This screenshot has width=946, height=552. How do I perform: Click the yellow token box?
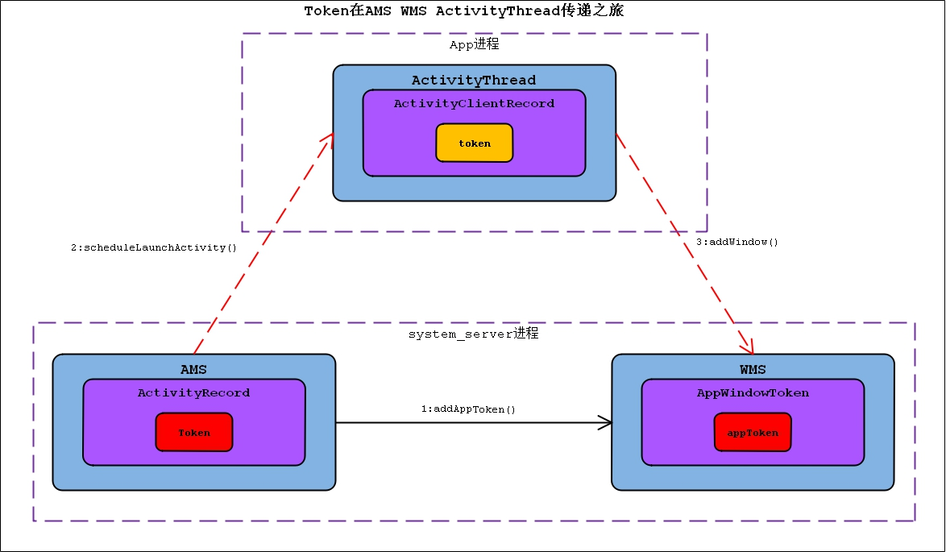point(474,143)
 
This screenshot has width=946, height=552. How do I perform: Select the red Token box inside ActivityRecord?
point(194,433)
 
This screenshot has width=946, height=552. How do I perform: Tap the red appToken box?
point(753,433)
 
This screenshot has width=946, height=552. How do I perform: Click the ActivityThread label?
point(474,80)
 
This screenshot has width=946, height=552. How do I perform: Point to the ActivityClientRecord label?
point(474,103)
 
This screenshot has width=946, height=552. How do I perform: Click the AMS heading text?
point(193,369)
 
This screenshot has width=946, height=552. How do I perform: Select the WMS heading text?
point(753,369)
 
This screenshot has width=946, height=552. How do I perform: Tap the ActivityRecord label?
point(193,392)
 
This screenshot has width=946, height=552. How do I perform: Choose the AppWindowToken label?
point(753,392)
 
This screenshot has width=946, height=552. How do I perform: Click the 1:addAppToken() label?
point(468,409)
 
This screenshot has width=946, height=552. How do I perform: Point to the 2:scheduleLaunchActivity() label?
point(154,247)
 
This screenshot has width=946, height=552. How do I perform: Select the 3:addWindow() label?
point(736,242)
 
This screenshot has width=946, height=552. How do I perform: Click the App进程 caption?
point(474,45)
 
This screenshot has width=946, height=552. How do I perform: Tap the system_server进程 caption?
point(473,333)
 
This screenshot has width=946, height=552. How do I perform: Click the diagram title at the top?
point(464,10)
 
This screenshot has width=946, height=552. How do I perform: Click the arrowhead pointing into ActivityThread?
point(328,139)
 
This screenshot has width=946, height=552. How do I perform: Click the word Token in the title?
point(322,10)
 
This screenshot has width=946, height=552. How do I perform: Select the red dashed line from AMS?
point(258,242)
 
